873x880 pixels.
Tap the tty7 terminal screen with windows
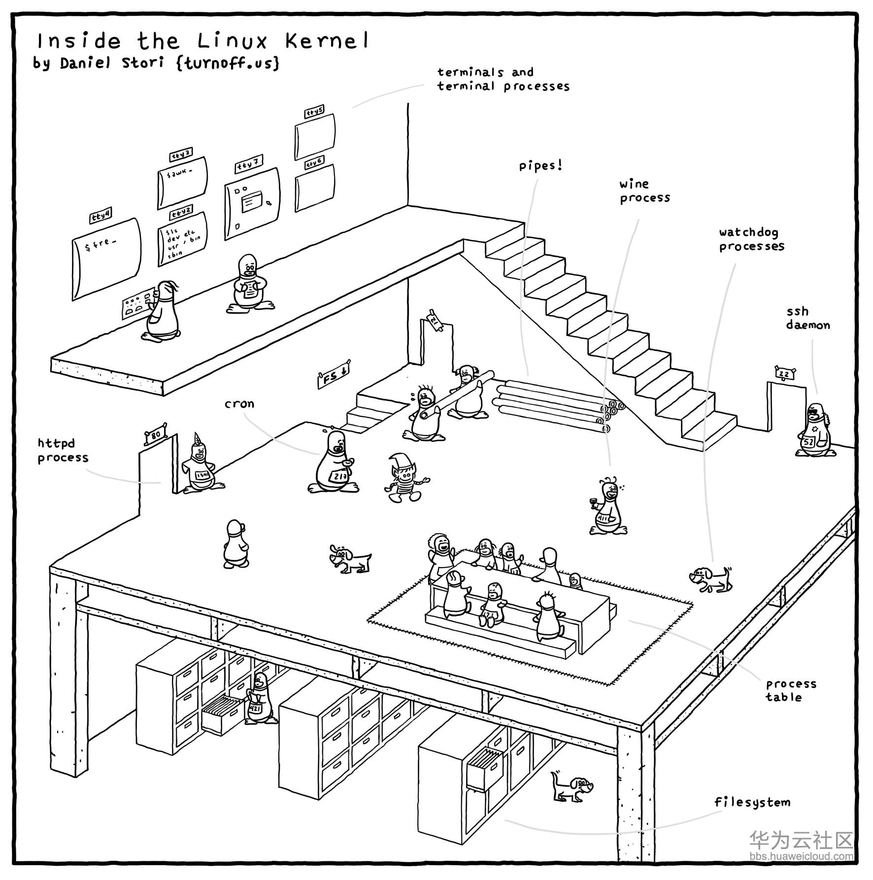pyautogui.click(x=252, y=203)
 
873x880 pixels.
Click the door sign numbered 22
pyautogui.click(x=784, y=374)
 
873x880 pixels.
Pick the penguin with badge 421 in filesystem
pyautogui.click(x=259, y=699)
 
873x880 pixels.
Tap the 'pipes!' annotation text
pyautogui.click(x=540, y=166)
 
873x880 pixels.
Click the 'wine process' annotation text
pyautogui.click(x=644, y=191)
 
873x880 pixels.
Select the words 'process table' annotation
pyautogui.click(x=790, y=690)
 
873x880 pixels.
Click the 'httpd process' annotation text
pyautogui.click(x=63, y=450)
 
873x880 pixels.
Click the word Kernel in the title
pyautogui.click(x=326, y=41)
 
